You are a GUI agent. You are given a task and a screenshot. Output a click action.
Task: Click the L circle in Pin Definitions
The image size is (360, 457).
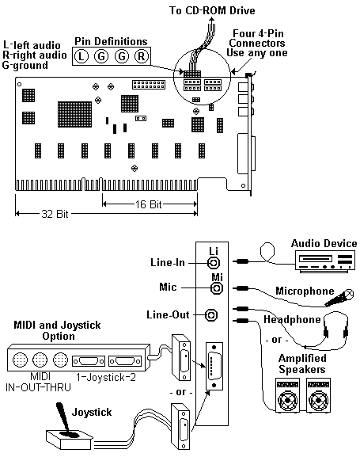[81, 56]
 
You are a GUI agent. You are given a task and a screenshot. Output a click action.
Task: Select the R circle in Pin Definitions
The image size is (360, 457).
[142, 56]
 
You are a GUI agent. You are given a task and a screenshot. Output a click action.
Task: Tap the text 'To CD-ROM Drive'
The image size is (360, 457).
[212, 11]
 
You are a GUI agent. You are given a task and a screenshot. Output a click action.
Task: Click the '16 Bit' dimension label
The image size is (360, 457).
[148, 204]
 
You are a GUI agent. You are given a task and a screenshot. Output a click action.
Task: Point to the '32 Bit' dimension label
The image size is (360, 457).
[55, 214]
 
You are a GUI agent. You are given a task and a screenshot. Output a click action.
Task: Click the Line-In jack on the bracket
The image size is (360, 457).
[214, 263]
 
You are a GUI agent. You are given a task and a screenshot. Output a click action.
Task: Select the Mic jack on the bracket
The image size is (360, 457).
[217, 288]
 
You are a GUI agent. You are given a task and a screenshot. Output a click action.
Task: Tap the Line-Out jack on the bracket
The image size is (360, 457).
[211, 315]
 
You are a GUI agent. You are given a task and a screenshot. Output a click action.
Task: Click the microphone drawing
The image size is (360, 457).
[339, 298]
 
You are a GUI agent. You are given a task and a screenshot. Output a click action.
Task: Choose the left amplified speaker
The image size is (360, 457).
[287, 395]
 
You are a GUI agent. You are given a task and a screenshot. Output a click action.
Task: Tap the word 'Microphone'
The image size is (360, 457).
[305, 291]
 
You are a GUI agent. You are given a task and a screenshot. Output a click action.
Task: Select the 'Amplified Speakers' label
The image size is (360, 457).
[302, 364]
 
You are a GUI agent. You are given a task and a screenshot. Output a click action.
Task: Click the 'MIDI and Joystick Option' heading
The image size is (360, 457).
[58, 330]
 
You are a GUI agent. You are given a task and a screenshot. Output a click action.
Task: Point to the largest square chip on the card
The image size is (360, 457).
[74, 114]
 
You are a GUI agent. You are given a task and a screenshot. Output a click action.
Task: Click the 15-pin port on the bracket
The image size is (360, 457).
[214, 366]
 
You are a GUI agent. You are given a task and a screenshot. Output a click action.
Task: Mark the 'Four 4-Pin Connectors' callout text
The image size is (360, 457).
[257, 38]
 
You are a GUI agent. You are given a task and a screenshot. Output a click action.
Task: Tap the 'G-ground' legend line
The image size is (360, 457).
[25, 65]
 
